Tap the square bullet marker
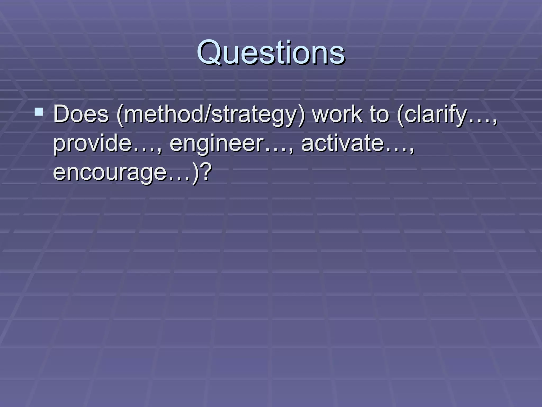[39, 112]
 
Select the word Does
[81, 114]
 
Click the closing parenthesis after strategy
[302, 116]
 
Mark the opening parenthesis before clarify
[400, 116]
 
